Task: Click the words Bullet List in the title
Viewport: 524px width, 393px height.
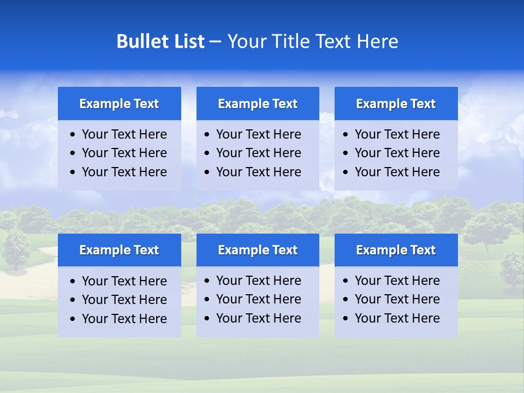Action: pyautogui.click(x=160, y=41)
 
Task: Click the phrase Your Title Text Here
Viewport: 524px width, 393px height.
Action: pyautogui.click(x=313, y=41)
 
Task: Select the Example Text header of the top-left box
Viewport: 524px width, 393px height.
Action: pyautogui.click(x=119, y=104)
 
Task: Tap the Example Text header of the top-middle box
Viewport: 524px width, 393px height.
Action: pyautogui.click(x=258, y=104)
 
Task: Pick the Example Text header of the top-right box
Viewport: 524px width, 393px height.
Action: pyautogui.click(x=396, y=104)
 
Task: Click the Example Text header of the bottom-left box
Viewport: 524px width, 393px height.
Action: pyautogui.click(x=119, y=250)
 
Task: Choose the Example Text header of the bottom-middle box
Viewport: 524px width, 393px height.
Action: pyautogui.click(x=258, y=250)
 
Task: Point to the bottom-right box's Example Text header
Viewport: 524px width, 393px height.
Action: pyautogui.click(x=396, y=250)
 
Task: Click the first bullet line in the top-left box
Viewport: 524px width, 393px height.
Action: pyautogui.click(x=124, y=134)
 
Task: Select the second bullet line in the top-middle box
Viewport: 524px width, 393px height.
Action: pyautogui.click(x=258, y=153)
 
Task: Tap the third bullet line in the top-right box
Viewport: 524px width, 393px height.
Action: pyautogui.click(x=397, y=172)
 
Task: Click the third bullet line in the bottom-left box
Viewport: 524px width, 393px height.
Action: pyautogui.click(x=124, y=319)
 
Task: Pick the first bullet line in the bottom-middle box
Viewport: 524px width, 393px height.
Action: pyautogui.click(x=258, y=281)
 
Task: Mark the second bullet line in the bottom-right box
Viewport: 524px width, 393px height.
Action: pyautogui.click(x=397, y=299)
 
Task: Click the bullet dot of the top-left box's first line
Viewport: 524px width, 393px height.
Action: pyautogui.click(x=73, y=135)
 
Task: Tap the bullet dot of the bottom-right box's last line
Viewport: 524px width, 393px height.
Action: pyautogui.click(x=346, y=319)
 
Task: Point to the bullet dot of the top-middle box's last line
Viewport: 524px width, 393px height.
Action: pyautogui.click(x=207, y=172)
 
